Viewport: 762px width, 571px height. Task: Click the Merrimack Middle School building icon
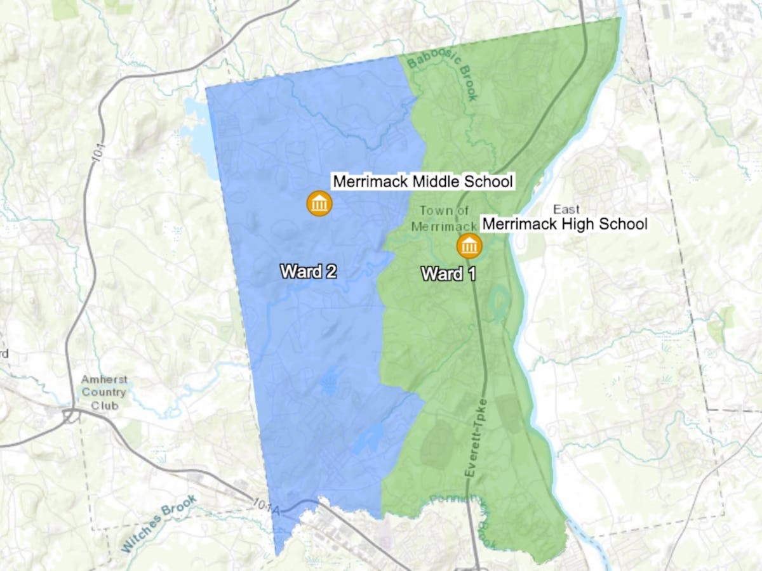click(319, 204)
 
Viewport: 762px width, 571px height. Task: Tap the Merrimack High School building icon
click(469, 246)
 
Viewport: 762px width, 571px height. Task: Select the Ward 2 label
click(309, 272)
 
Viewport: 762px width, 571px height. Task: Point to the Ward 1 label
click(449, 274)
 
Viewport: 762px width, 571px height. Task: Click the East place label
click(566, 209)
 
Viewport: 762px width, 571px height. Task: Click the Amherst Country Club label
click(104, 391)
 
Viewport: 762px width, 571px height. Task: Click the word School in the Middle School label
click(486, 181)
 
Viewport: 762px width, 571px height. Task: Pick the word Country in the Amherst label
click(104, 391)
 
